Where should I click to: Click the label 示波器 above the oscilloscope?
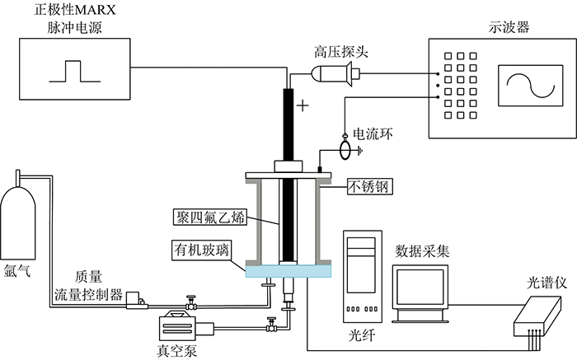click(509, 27)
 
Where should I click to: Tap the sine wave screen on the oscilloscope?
click(530, 86)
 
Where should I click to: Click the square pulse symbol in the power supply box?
click(75, 72)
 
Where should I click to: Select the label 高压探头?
click(340, 52)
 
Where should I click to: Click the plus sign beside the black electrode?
click(303, 106)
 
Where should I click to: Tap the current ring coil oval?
click(345, 150)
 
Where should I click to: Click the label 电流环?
click(373, 134)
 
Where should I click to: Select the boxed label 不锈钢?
click(370, 187)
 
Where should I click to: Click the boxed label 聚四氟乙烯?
click(210, 217)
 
